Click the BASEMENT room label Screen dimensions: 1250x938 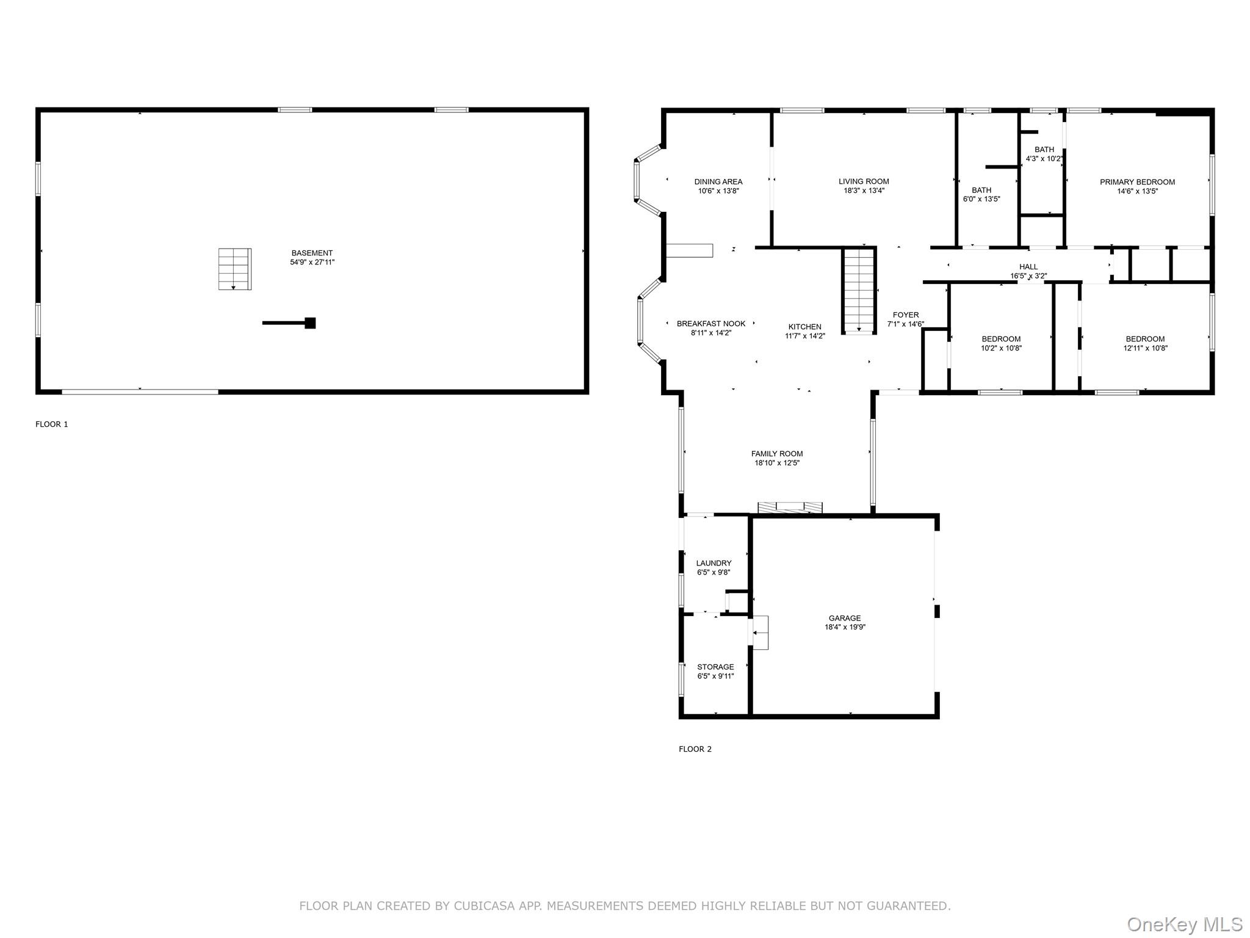[312, 253]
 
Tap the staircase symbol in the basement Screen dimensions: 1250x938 [235, 269]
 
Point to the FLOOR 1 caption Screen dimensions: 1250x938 [52, 424]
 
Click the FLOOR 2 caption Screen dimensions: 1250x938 [695, 749]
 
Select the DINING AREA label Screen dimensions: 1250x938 [718, 181]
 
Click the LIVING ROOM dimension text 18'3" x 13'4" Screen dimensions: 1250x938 [864, 191]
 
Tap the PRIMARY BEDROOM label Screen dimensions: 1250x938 [1137, 182]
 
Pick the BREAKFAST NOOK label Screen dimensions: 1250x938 [711, 324]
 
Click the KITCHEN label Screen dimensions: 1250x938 [805, 327]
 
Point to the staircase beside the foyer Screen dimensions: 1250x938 [859, 290]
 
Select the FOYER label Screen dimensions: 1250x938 [906, 315]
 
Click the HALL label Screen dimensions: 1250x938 [1028, 267]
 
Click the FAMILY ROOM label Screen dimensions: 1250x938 [777, 454]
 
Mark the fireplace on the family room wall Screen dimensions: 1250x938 [790, 507]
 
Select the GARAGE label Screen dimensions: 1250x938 [845, 618]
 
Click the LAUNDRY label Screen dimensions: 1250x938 [714, 563]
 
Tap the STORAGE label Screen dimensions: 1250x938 [715, 667]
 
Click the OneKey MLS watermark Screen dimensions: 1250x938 [1185, 925]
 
